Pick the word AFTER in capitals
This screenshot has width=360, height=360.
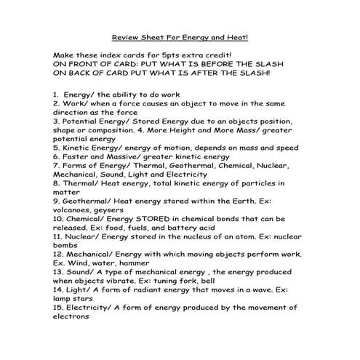point(225,73)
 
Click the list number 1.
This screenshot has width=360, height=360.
point(56,95)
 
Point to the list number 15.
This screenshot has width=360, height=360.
point(59,307)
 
